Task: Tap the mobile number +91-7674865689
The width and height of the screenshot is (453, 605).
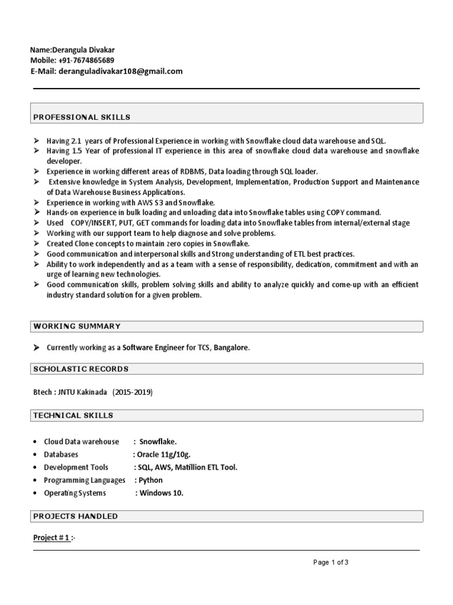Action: click(x=86, y=61)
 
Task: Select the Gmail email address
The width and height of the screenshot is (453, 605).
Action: click(x=121, y=71)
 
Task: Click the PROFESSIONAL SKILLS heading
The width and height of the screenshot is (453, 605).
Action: click(x=82, y=118)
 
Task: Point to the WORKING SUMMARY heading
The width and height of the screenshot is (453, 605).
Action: click(x=77, y=326)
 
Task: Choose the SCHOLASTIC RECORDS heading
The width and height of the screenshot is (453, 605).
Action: click(x=81, y=369)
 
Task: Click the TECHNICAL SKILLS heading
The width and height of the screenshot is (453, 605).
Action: click(x=73, y=415)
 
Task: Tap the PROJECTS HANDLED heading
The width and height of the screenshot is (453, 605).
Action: click(x=75, y=516)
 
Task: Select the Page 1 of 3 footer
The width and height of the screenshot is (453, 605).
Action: click(x=331, y=562)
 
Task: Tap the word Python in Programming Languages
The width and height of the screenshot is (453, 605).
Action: click(x=150, y=480)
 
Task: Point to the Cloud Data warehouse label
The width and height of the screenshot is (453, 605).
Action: click(x=81, y=442)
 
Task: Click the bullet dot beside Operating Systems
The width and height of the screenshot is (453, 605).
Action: click(x=36, y=493)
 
